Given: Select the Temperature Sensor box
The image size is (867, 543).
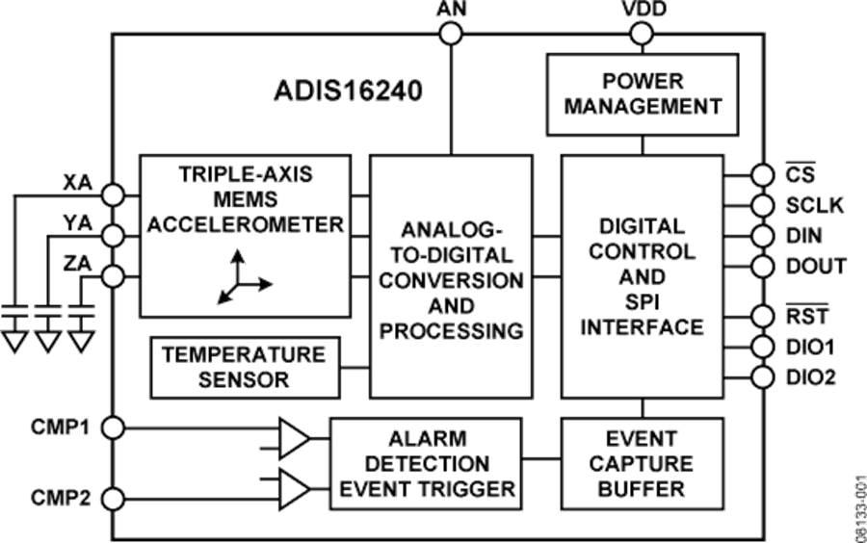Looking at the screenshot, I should pos(245,367).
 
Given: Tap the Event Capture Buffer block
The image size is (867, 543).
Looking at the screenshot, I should pos(642,464).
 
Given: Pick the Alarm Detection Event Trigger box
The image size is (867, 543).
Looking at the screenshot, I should pos(426,464).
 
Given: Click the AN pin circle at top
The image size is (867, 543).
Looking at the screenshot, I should pos(451,34).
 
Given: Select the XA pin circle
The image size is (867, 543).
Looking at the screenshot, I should pos(114,194).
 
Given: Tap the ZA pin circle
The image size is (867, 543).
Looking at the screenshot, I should pos(114,276).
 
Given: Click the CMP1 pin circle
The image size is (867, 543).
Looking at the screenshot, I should pos(114,426).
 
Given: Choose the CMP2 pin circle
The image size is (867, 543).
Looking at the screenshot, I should pos(114,499).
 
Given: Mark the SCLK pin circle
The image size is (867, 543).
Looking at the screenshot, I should pos(762,205).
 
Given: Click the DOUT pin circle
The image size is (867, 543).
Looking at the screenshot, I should pos(762,267).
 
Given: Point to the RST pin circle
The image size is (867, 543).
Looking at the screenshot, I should pos(762,316).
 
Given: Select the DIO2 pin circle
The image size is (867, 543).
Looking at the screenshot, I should pos(762,376).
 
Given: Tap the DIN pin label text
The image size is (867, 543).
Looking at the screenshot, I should pos(803,236).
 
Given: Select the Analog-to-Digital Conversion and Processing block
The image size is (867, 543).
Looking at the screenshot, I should pos(451,277).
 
